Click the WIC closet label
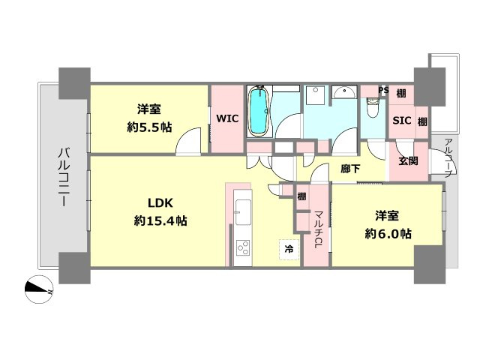(x=227, y=118)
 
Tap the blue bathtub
(x=259, y=111)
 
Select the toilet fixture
(x=373, y=107)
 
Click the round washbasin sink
(x=344, y=91)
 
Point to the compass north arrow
(x=38, y=289)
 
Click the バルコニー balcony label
(x=64, y=177)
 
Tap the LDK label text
(x=160, y=202)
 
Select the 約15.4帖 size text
(x=160, y=220)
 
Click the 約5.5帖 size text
(x=149, y=127)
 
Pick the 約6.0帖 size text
(x=388, y=234)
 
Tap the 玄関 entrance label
(x=408, y=161)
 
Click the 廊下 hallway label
(x=350, y=168)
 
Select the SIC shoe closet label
(x=402, y=121)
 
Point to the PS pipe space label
(x=383, y=90)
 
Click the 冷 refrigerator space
(x=289, y=249)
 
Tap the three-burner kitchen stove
(x=242, y=247)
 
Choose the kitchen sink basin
(x=242, y=210)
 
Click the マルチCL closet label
(x=318, y=229)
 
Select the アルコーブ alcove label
(x=448, y=158)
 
